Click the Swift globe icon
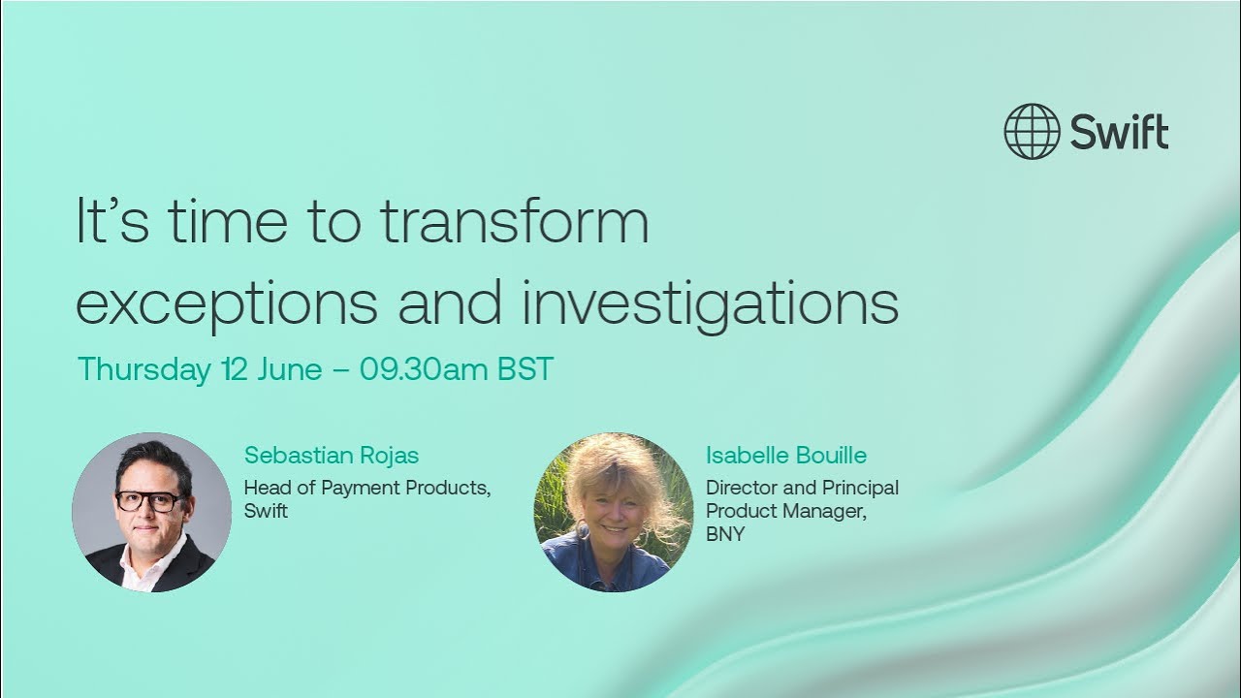pyautogui.click(x=1032, y=131)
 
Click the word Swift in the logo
pyautogui.click(x=1120, y=132)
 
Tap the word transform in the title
pyautogui.click(x=514, y=222)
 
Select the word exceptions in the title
pyautogui.click(x=226, y=302)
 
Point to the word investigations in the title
pyautogui.click(x=710, y=302)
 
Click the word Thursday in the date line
pyautogui.click(x=143, y=369)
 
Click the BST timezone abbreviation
pyautogui.click(x=525, y=369)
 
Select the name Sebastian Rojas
pyautogui.click(x=332, y=455)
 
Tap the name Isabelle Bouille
pyautogui.click(x=785, y=455)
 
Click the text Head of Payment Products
pyautogui.click(x=366, y=488)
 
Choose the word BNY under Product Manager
pyautogui.click(x=725, y=534)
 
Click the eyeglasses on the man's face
pyautogui.click(x=150, y=501)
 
